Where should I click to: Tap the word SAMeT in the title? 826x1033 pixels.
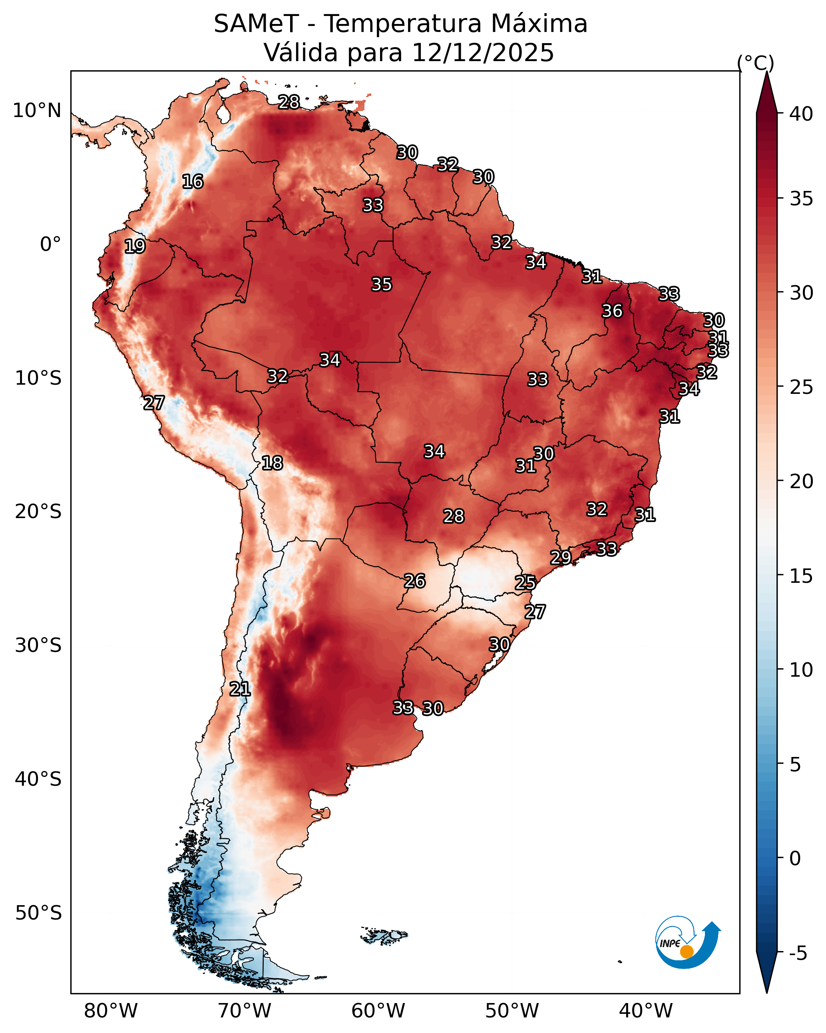click(256, 24)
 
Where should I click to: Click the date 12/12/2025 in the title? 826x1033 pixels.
click(482, 53)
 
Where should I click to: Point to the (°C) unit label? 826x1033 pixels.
click(755, 63)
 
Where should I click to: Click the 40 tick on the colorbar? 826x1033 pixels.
click(801, 114)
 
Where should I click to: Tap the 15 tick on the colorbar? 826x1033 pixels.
click(801, 576)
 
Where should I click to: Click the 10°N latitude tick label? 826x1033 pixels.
click(37, 111)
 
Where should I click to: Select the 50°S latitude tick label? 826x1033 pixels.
click(38, 913)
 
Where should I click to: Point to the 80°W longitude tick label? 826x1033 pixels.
click(111, 1011)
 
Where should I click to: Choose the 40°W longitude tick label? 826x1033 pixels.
click(646, 1011)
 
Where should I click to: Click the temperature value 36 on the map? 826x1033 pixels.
click(612, 311)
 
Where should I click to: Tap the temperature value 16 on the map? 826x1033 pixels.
click(193, 182)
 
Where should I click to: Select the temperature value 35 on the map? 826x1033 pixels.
click(382, 284)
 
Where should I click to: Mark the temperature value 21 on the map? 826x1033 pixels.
click(240, 689)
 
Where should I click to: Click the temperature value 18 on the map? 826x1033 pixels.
click(272, 463)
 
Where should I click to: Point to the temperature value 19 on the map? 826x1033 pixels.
click(135, 246)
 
